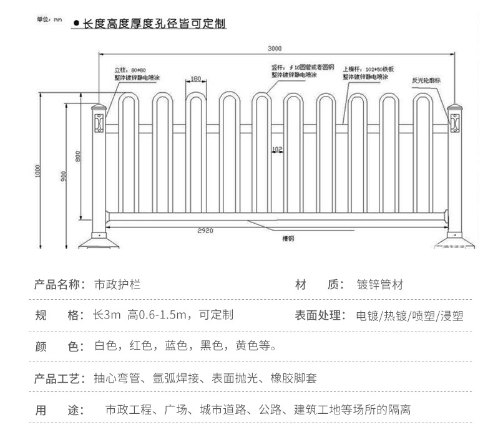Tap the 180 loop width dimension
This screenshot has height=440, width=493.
[x=196, y=79]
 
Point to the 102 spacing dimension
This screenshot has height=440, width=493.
[x=277, y=148]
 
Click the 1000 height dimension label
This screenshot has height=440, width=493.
[x=38, y=171]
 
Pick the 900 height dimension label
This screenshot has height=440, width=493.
[x=64, y=177]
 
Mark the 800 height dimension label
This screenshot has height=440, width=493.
[x=78, y=157]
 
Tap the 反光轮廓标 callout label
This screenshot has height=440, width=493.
[x=426, y=80]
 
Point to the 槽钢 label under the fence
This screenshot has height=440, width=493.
[x=288, y=238]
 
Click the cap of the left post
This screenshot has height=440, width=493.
[x=98, y=103]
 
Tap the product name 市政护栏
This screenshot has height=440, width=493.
[x=117, y=285]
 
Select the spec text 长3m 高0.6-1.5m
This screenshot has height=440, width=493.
[x=144, y=315]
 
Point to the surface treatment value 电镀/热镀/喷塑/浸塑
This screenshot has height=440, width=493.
[x=409, y=315]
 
